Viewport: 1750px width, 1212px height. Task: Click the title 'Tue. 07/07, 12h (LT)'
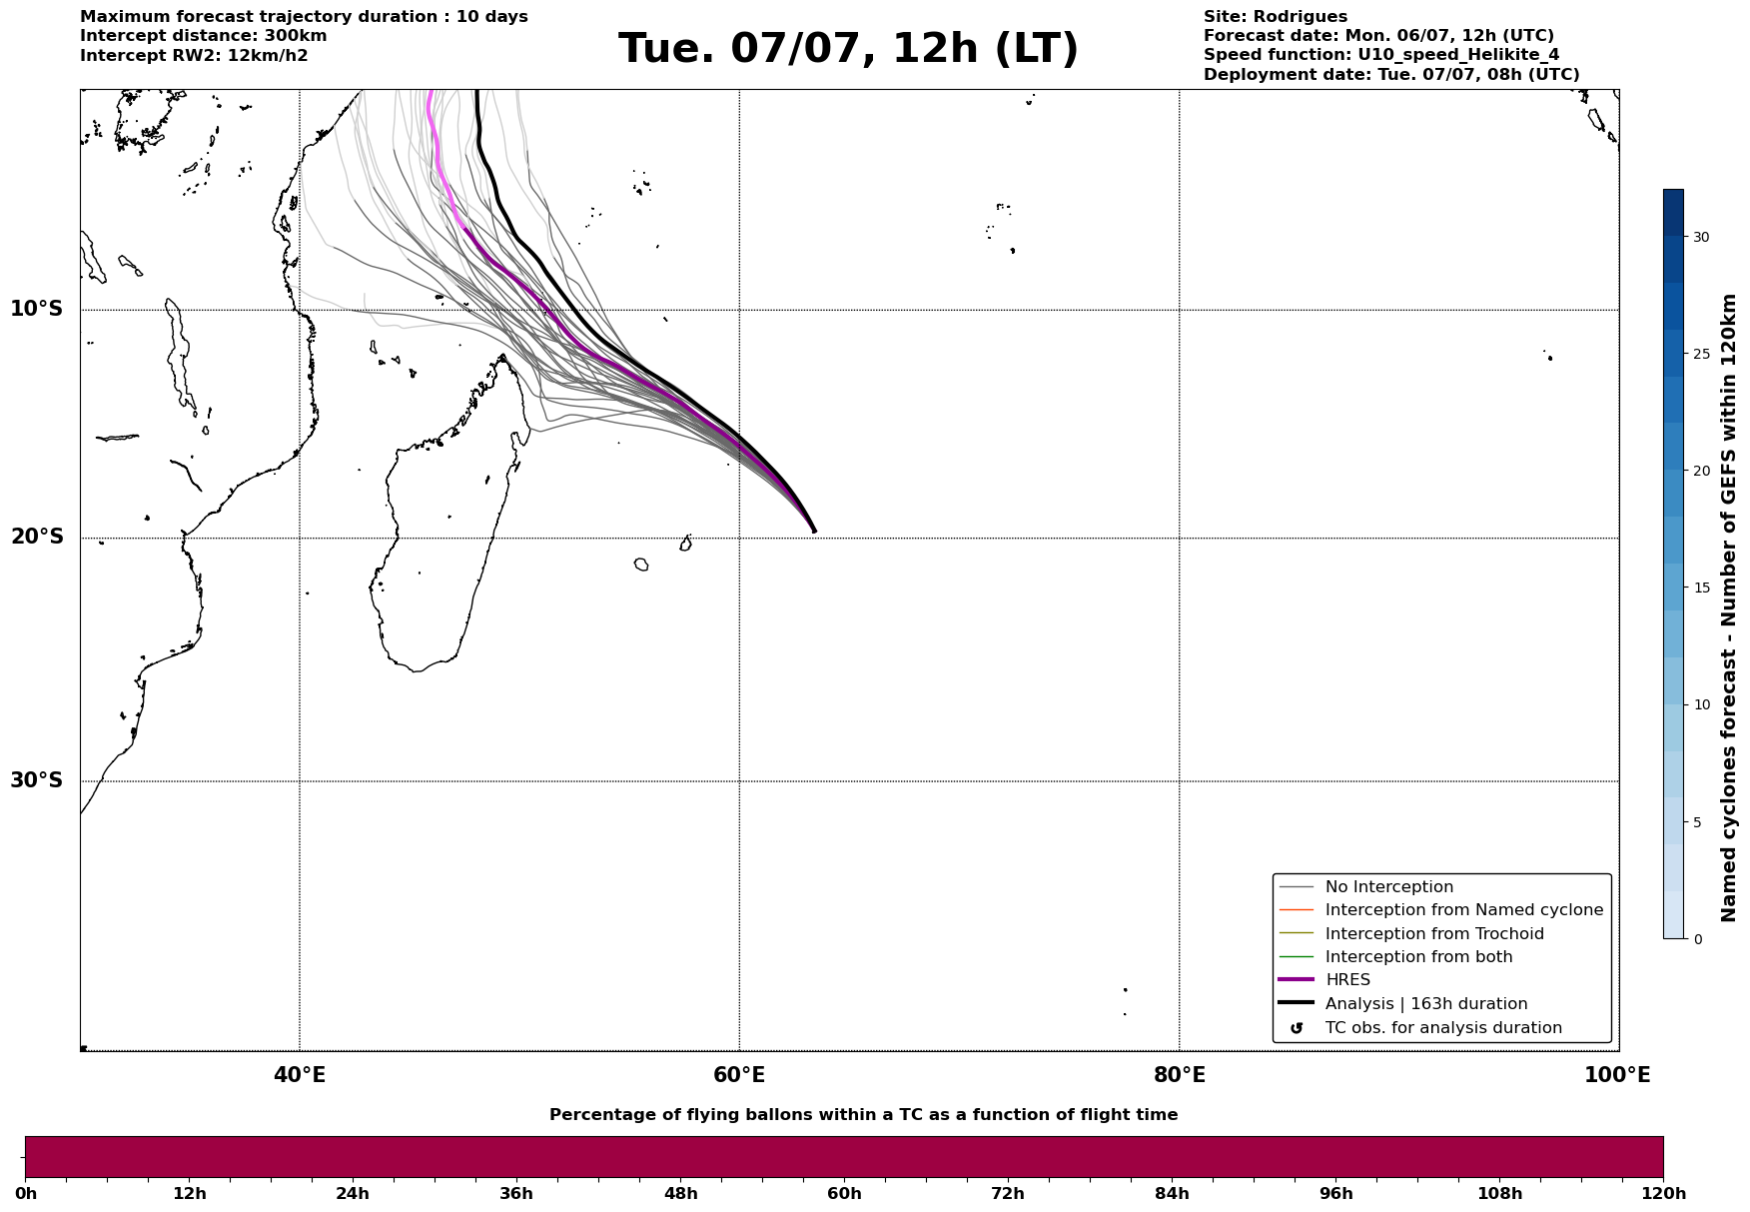coord(848,49)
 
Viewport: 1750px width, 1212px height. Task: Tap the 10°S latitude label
coord(37,309)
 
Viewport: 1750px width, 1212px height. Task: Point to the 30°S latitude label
coord(37,780)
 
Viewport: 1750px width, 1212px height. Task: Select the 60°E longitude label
coord(739,1075)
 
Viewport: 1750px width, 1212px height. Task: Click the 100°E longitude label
coord(1617,1075)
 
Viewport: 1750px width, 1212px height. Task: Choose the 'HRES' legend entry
coord(1347,980)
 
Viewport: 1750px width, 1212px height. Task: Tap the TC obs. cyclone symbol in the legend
coord(1297,1028)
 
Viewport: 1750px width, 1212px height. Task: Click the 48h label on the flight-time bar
coord(680,1194)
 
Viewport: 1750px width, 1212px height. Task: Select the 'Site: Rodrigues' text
coord(1276,17)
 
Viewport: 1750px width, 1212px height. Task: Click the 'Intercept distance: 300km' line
coord(204,36)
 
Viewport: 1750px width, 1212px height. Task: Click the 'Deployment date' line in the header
coord(1391,75)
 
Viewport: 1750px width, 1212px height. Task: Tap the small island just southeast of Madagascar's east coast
coord(641,565)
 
